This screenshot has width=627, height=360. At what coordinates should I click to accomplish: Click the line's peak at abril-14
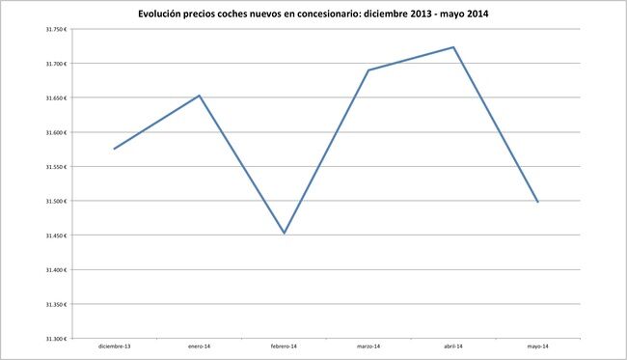(x=453, y=47)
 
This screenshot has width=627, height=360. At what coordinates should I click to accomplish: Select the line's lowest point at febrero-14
(x=285, y=233)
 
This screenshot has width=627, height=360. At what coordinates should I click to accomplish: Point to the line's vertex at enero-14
(x=199, y=96)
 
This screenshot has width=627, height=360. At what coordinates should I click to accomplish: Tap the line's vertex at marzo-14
(x=368, y=69)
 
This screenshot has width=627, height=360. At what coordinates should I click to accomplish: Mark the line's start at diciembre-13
(x=114, y=149)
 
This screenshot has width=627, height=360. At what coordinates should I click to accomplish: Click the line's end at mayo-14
(x=537, y=202)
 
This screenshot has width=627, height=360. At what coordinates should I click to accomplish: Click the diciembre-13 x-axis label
(x=114, y=346)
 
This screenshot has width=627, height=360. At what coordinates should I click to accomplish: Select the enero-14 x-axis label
(x=199, y=346)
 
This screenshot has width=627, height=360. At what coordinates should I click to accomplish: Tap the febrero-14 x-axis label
(x=284, y=346)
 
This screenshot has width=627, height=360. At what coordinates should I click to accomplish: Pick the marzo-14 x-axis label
(x=368, y=346)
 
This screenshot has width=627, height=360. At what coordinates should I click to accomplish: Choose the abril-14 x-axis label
(x=453, y=346)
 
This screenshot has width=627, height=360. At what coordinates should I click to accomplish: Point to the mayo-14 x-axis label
(x=538, y=346)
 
